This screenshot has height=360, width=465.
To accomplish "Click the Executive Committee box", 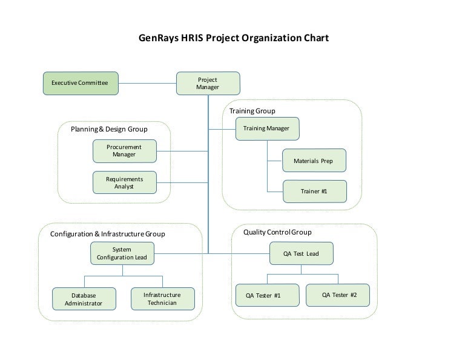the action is pyautogui.click(x=81, y=84).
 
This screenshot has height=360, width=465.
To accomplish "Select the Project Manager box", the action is pyautogui.click(x=208, y=84).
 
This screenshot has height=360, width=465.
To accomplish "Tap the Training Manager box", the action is pyautogui.click(x=268, y=129).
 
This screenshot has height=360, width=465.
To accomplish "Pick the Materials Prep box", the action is pyautogui.click(x=314, y=161).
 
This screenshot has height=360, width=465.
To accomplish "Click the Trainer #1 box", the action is pyautogui.click(x=315, y=192).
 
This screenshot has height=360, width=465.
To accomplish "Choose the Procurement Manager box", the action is pyautogui.click(x=125, y=151).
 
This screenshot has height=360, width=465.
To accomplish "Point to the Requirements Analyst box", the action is pyautogui.click(x=125, y=182).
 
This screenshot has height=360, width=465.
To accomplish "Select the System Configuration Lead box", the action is pyautogui.click(x=122, y=253).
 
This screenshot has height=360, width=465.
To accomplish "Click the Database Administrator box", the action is pyautogui.click(x=84, y=299).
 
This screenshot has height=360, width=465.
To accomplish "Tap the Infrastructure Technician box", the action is pyautogui.click(x=163, y=299).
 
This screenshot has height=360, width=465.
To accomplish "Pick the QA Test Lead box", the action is pyautogui.click(x=302, y=253).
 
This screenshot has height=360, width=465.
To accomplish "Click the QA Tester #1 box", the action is pyautogui.click(x=268, y=295).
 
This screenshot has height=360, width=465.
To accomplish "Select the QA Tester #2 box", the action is pyautogui.click(x=338, y=295).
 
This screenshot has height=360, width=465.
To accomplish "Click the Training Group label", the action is pyautogui.click(x=252, y=111).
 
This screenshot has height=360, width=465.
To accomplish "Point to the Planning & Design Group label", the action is pyautogui.click(x=109, y=129).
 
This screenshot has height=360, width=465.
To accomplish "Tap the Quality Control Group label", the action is pyautogui.click(x=277, y=232).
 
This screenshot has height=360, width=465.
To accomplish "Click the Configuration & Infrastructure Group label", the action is pyautogui.click(x=108, y=234).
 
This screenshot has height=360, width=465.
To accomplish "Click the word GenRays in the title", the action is pyautogui.click(x=159, y=38).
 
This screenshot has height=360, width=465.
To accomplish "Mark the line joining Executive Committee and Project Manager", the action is pyautogui.click(x=147, y=84).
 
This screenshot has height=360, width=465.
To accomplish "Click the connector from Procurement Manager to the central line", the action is pyautogui.click(x=182, y=152).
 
